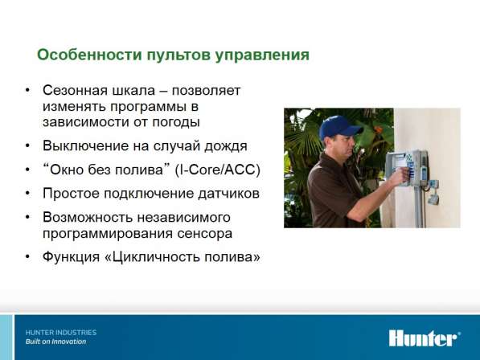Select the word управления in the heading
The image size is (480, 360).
pyautogui.click(x=262, y=55)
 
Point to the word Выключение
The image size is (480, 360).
pyautogui.click(x=85, y=146)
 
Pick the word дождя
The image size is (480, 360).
pyautogui.click(x=226, y=146)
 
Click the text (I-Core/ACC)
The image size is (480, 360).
pyautogui.click(x=217, y=170)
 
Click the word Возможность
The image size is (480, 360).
pyautogui.click(x=88, y=218)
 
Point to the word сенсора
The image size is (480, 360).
pyautogui.click(x=204, y=234)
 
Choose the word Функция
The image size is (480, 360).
pyautogui.click(x=72, y=257)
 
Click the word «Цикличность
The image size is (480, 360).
pyautogui.click(x=153, y=257)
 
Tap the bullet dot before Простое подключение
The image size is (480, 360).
pyautogui.click(x=27, y=194)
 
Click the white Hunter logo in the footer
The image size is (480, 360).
pyautogui.click(x=425, y=338)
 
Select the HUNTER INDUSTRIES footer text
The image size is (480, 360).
pyautogui.click(x=61, y=333)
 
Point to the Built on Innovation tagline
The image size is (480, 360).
pyautogui.click(x=55, y=342)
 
